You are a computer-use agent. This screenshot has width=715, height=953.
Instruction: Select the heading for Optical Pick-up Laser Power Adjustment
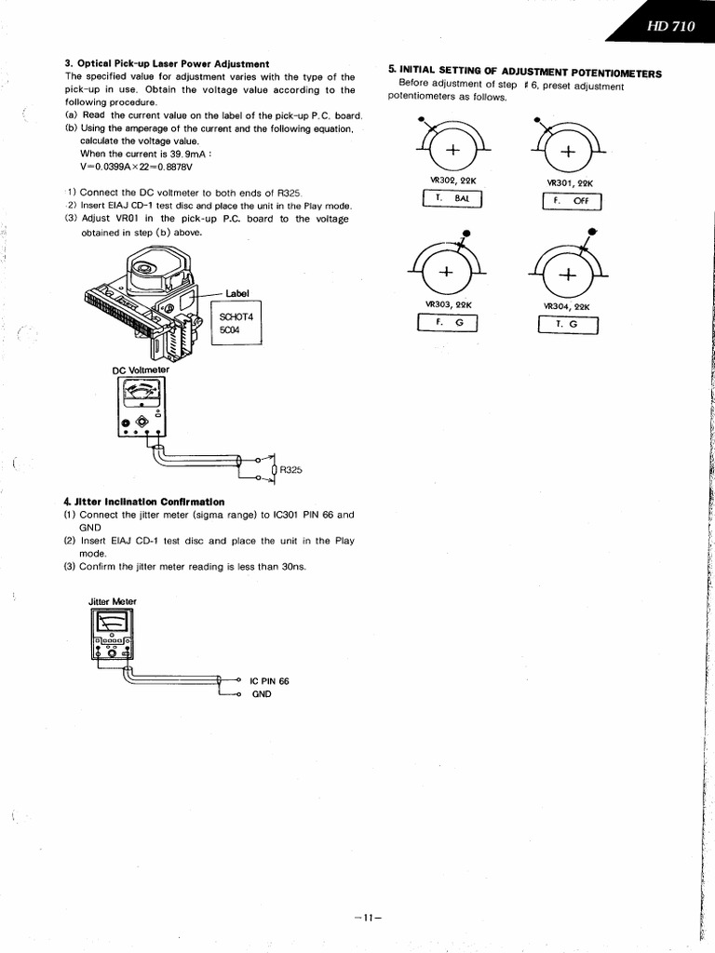[168, 63]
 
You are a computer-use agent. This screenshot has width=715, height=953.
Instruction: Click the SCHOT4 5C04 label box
[236, 322]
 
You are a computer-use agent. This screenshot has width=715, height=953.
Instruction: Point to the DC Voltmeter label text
[141, 369]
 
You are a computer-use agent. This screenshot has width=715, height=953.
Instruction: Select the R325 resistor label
[291, 470]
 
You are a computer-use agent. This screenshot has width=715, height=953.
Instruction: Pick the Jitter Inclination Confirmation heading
[143, 502]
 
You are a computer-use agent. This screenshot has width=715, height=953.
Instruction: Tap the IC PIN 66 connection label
[269, 680]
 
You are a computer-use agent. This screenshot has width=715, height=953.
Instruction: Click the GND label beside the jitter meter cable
[261, 694]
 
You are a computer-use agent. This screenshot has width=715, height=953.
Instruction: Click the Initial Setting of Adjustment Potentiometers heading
[525, 72]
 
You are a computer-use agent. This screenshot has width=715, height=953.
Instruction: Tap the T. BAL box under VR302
[452, 199]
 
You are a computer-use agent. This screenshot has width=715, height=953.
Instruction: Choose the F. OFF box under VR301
[572, 201]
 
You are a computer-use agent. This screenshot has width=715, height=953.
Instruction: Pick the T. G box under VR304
[568, 324]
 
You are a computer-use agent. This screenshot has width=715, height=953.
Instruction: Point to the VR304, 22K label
[568, 305]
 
